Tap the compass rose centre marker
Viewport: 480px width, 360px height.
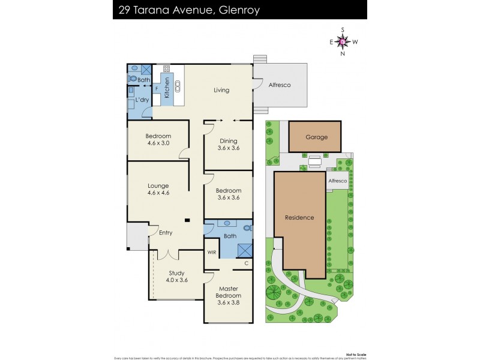(x=343, y=41)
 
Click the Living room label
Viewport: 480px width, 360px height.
(x=222, y=91)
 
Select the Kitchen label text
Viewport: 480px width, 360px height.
(x=167, y=88)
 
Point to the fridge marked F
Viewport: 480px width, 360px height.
(x=157, y=88)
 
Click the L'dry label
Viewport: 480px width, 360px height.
(x=142, y=100)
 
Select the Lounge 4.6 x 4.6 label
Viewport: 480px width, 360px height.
(x=159, y=190)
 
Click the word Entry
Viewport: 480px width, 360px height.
(x=166, y=233)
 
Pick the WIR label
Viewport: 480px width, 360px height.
(x=212, y=253)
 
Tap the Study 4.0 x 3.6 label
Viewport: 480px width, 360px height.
(x=177, y=277)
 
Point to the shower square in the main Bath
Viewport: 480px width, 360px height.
(x=244, y=250)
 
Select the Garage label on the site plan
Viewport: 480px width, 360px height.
(x=316, y=137)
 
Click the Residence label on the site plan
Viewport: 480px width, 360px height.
(x=299, y=217)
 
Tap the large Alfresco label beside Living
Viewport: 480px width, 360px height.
(x=279, y=85)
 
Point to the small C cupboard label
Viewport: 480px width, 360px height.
(x=246, y=263)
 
